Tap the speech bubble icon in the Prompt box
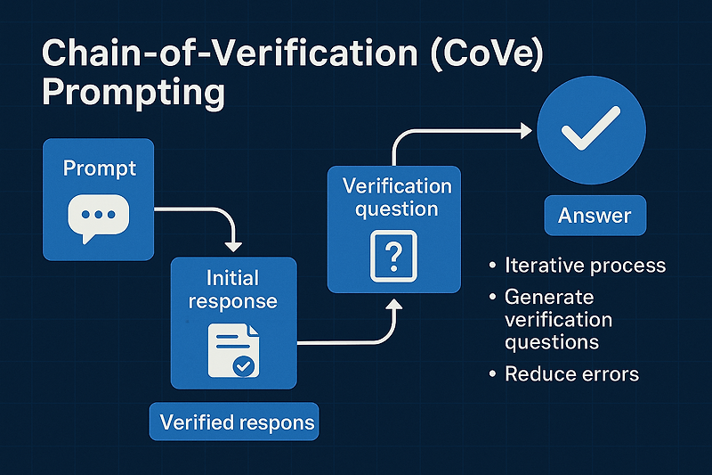tap(98, 218)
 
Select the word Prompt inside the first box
tap(98, 168)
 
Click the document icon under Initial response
tap(231, 349)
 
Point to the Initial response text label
tap(232, 289)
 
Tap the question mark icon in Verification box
tap(392, 257)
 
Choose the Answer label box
tap(595, 216)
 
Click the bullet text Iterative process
tap(585, 265)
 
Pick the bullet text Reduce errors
tap(571, 373)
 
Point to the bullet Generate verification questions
tap(558, 319)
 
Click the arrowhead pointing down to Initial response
tap(233, 243)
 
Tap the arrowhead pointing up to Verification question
tap(392, 306)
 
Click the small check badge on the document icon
tap(241, 365)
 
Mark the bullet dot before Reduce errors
tap(492, 374)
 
